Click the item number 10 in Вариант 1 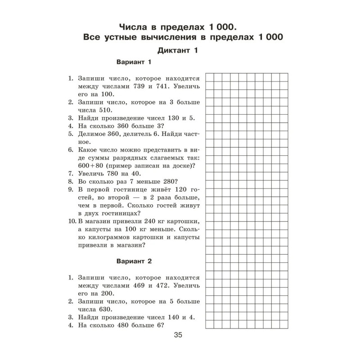[x=72, y=223]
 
